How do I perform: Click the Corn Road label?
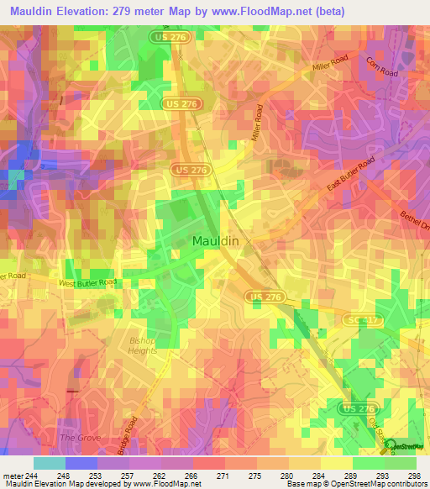pos(380,68)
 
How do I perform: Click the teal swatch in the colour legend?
pos(49,463)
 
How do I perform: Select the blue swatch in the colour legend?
pos(81,463)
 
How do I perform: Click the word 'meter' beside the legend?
pos(13,476)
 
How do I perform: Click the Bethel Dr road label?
pos(414,221)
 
